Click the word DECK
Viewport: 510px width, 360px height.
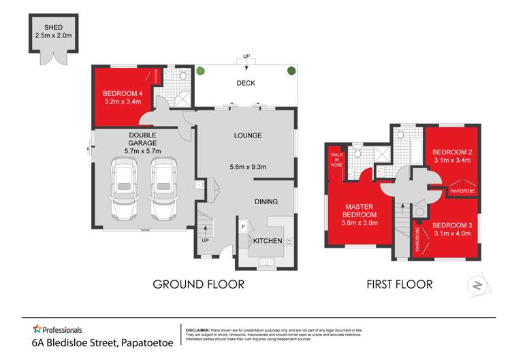point(245,84)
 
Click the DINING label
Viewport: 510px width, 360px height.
point(267,201)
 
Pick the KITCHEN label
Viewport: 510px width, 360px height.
point(268,241)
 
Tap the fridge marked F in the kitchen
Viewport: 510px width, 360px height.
point(242,225)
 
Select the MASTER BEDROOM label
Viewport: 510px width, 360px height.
point(360,210)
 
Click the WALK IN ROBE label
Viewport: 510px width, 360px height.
point(337,164)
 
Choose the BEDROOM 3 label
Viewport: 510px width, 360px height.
point(451,225)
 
